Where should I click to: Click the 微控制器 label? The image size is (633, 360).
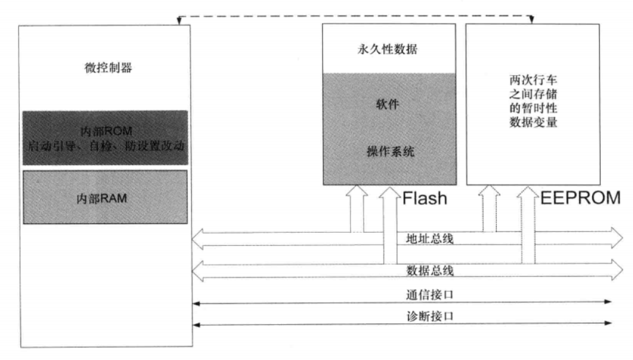tap(104, 68)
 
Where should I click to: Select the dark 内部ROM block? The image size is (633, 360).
tap(104, 137)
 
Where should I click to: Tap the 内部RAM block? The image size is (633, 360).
tap(104, 198)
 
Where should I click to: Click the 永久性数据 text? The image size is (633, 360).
tap(388, 50)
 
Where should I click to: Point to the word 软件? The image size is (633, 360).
tap(388, 104)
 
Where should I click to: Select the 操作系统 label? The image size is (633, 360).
tap(388, 151)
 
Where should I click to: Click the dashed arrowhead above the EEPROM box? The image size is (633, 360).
tap(532, 21)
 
